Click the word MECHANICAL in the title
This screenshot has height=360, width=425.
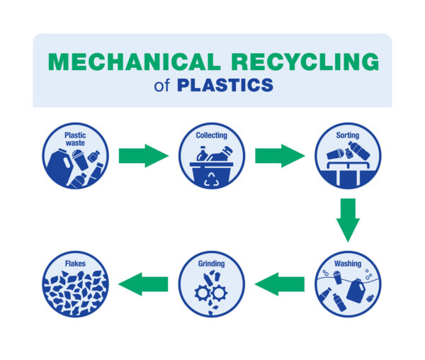pyautogui.click(x=135, y=62)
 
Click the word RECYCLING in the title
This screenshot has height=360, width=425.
pyautogui.click(x=305, y=62)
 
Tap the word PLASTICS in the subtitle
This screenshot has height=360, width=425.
pyautogui.click(x=225, y=85)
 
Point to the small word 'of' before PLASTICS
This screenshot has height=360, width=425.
pyautogui.click(x=161, y=86)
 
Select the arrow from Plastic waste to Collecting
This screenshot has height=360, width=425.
pyautogui.click(x=144, y=156)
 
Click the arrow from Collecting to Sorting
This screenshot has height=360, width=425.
pyautogui.click(x=280, y=156)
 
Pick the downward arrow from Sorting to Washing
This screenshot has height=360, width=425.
pyautogui.click(x=348, y=220)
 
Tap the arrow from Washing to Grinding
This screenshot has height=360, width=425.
pyautogui.click(x=280, y=284)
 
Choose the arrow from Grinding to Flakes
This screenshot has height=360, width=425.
pyautogui.click(x=143, y=284)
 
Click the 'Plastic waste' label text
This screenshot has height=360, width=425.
pyautogui.click(x=75, y=139)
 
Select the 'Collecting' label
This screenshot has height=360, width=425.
pyautogui.click(x=212, y=135)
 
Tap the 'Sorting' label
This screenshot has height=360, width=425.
pyautogui.click(x=348, y=135)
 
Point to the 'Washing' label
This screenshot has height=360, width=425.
pyautogui.click(x=348, y=264)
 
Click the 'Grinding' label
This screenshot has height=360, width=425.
pyautogui.click(x=211, y=264)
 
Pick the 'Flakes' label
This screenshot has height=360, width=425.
pyautogui.click(x=75, y=264)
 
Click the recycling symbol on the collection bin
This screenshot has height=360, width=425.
pyautogui.click(x=212, y=179)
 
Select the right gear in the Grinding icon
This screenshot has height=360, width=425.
pyautogui.click(x=218, y=293)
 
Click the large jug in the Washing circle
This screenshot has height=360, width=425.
pyautogui.click(x=356, y=291)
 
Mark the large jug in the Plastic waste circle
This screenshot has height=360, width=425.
pyautogui.click(x=59, y=166)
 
